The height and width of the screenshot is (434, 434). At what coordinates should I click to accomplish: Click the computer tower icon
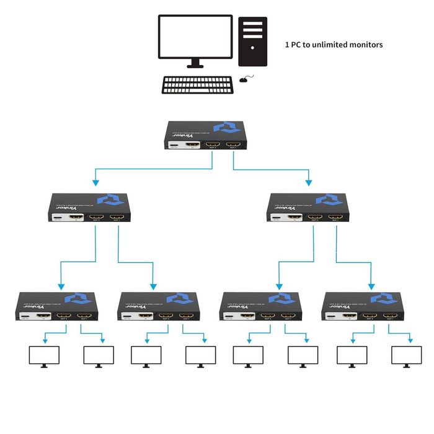point(253,41)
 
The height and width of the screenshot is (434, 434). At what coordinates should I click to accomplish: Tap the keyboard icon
point(198,85)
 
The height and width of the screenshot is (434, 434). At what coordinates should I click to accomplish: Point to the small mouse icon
point(246,79)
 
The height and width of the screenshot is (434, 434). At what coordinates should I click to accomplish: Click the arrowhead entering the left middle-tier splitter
point(95,183)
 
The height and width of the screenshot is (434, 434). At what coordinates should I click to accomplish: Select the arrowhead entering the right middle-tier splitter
point(308,183)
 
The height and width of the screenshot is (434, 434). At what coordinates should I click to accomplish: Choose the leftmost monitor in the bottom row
point(45,356)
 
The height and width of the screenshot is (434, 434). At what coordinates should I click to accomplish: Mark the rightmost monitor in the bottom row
point(406,356)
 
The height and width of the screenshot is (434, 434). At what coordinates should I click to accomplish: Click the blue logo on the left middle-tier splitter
point(112,200)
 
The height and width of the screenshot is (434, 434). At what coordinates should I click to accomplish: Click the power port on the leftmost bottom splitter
point(26,317)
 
